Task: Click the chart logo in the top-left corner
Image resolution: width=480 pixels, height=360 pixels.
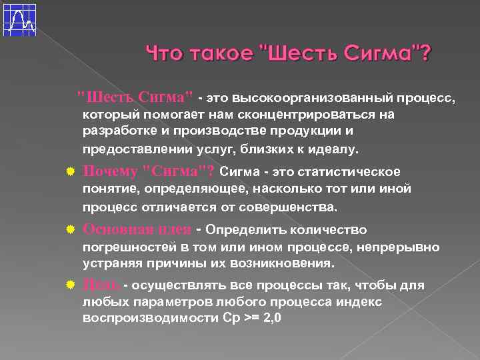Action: (19, 19)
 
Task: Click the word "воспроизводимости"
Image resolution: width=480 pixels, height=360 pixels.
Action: (138, 318)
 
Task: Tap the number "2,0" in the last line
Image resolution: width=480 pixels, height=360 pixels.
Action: (272, 318)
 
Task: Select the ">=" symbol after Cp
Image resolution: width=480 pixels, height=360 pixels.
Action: (251, 318)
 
